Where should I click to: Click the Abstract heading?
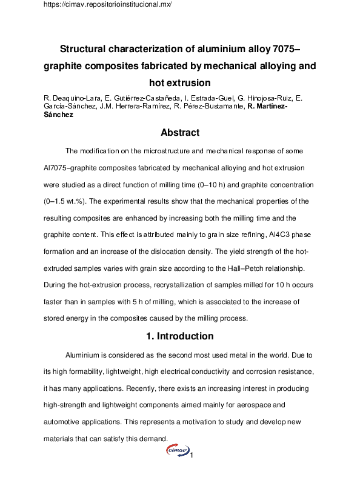(x=180, y=132)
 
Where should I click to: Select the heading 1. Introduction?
(x=180, y=336)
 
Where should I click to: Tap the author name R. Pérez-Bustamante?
(x=196, y=106)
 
